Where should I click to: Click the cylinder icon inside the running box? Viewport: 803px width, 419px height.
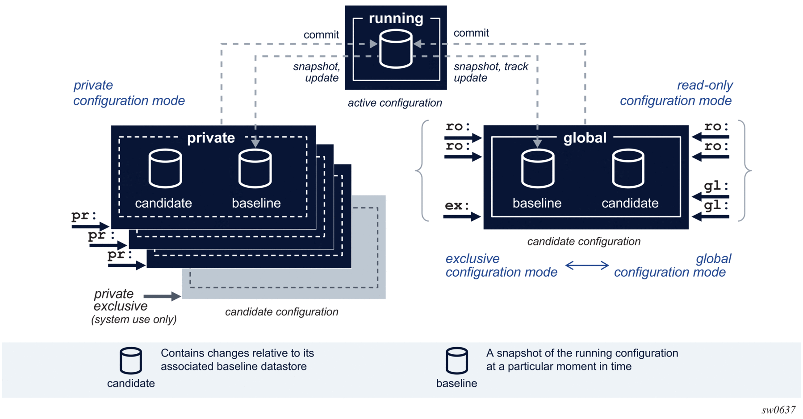click(396, 49)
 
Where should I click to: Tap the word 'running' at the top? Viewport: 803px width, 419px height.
click(396, 18)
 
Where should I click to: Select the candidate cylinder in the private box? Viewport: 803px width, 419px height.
click(165, 168)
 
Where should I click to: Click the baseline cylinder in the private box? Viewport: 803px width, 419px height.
click(255, 168)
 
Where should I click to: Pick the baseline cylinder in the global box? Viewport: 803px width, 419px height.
click(538, 168)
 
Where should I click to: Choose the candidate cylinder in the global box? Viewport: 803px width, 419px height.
click(628, 168)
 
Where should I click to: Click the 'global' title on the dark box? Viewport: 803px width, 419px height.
click(585, 138)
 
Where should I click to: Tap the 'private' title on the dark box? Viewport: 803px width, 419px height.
click(211, 138)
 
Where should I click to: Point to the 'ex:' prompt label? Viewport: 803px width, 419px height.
click(457, 206)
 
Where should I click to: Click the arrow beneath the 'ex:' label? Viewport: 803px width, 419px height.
click(462, 217)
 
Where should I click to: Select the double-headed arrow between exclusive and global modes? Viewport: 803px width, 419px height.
click(587, 266)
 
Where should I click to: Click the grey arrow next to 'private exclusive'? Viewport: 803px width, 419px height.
click(162, 296)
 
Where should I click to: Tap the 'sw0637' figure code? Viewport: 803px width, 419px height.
click(778, 409)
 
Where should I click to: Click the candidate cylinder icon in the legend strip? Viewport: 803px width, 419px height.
click(131, 361)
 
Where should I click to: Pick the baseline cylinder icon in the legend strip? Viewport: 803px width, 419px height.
click(457, 361)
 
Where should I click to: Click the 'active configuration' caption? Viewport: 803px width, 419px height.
click(395, 103)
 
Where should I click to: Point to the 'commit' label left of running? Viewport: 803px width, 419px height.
click(321, 35)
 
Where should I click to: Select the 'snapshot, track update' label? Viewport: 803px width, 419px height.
click(491, 72)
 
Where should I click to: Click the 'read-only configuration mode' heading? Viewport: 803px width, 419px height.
click(676, 93)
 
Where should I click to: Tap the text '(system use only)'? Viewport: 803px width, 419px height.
click(134, 319)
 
